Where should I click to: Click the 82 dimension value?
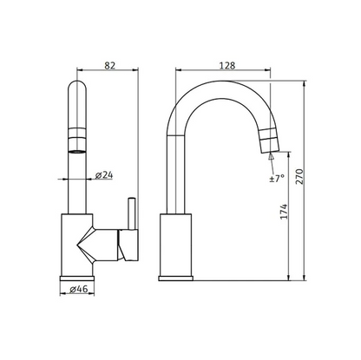click(x=110, y=65)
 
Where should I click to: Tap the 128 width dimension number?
click(x=227, y=66)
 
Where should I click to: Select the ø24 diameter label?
click(x=104, y=175)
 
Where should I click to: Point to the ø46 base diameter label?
click(x=79, y=289)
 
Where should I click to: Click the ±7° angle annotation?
click(x=277, y=178)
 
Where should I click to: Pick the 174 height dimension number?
click(x=284, y=212)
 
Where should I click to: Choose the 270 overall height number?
click(x=299, y=176)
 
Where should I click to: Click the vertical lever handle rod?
click(x=132, y=213)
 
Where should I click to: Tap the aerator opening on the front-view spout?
click(x=77, y=151)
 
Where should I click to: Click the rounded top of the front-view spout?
click(x=77, y=84)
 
